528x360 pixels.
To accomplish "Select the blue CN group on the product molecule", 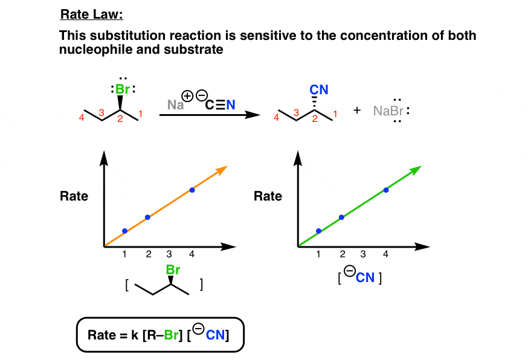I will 319,90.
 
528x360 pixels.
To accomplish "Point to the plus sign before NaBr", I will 356,111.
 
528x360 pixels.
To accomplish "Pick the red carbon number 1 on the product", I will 335,113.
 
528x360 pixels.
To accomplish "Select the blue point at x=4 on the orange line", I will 192,190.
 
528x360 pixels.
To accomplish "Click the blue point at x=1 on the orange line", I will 124,231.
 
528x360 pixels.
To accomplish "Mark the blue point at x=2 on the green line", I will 341,217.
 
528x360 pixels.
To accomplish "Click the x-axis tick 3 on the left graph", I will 170,254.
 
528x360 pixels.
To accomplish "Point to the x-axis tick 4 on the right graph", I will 385,254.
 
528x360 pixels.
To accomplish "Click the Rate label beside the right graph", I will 268,196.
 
